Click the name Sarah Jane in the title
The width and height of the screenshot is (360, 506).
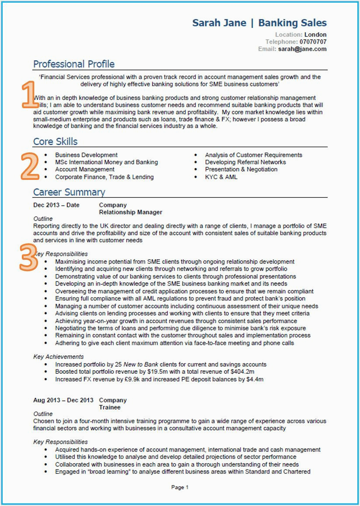(219, 23)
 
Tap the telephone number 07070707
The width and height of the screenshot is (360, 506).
(313, 42)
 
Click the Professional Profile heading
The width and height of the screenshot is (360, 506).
(74, 64)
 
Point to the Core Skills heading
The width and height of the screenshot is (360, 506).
(55, 141)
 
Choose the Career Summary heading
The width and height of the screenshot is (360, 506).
(69, 192)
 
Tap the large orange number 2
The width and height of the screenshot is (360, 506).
(29, 166)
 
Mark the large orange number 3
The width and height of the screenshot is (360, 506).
(28, 257)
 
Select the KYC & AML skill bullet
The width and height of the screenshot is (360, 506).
(221, 177)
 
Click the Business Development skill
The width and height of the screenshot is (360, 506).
(86, 155)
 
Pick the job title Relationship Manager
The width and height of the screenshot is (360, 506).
(131, 212)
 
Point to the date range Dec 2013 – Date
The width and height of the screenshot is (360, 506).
(56, 205)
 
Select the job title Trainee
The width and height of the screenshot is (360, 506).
(110, 407)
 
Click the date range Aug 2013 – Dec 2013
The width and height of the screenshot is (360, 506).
(63, 400)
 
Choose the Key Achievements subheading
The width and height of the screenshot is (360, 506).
(59, 357)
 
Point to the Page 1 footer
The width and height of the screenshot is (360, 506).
(180, 487)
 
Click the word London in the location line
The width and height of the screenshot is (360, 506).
(315, 34)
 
